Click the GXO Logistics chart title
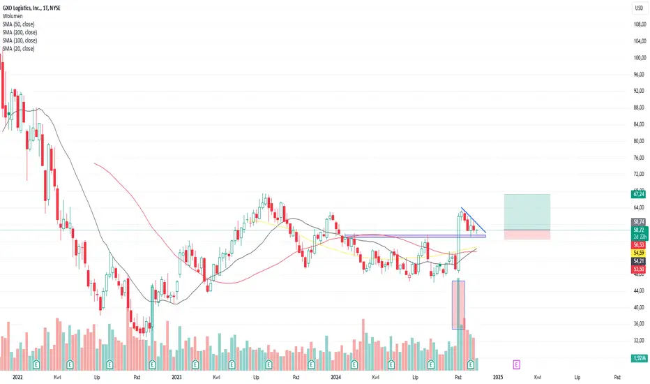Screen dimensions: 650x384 (x=31, y=8)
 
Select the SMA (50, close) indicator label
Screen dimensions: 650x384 (x=18, y=24)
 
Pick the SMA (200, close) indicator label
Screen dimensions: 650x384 (x=20, y=32)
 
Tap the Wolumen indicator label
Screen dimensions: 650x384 (x=13, y=16)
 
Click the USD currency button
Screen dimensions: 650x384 (x=640, y=8)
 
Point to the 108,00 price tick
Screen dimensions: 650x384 (x=640, y=24)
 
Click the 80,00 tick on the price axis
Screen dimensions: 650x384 (x=639, y=141)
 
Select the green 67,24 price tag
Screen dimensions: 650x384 (x=639, y=194)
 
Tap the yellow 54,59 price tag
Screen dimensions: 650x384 (x=639, y=253)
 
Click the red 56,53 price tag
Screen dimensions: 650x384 (x=639, y=245)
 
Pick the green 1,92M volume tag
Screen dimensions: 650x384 (x=639, y=358)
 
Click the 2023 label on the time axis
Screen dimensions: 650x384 (x=176, y=377)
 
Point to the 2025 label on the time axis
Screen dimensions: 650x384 (x=498, y=377)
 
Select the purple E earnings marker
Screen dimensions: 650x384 (x=517, y=364)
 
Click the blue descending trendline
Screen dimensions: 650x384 (x=474, y=220)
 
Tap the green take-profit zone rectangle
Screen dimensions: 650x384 (x=527, y=212)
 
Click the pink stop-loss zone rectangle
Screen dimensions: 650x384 (x=527, y=235)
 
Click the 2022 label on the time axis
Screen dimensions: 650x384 (x=17, y=377)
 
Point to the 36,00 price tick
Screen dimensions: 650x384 (x=639, y=323)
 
